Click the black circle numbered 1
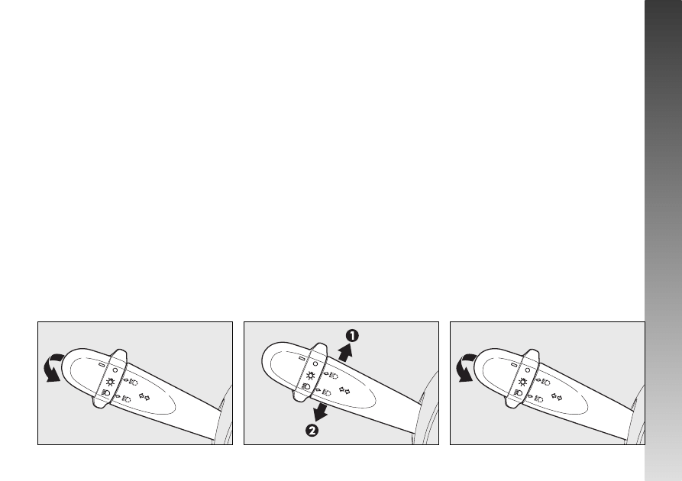352,336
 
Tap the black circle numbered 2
312,431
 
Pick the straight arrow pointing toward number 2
321,412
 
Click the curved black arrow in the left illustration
53,368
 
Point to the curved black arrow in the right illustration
465,368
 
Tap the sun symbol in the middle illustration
311,376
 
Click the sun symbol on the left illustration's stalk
111,383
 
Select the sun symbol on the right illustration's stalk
523,383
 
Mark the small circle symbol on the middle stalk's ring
315,363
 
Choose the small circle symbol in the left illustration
115,370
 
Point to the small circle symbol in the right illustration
528,370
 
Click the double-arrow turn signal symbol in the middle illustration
344,391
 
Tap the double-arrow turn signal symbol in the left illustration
144,396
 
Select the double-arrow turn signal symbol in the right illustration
557,396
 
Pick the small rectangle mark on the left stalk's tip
102,365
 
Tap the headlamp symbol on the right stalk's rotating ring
518,393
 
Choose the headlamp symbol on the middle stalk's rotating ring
305,386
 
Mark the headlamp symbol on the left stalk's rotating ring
105,393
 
